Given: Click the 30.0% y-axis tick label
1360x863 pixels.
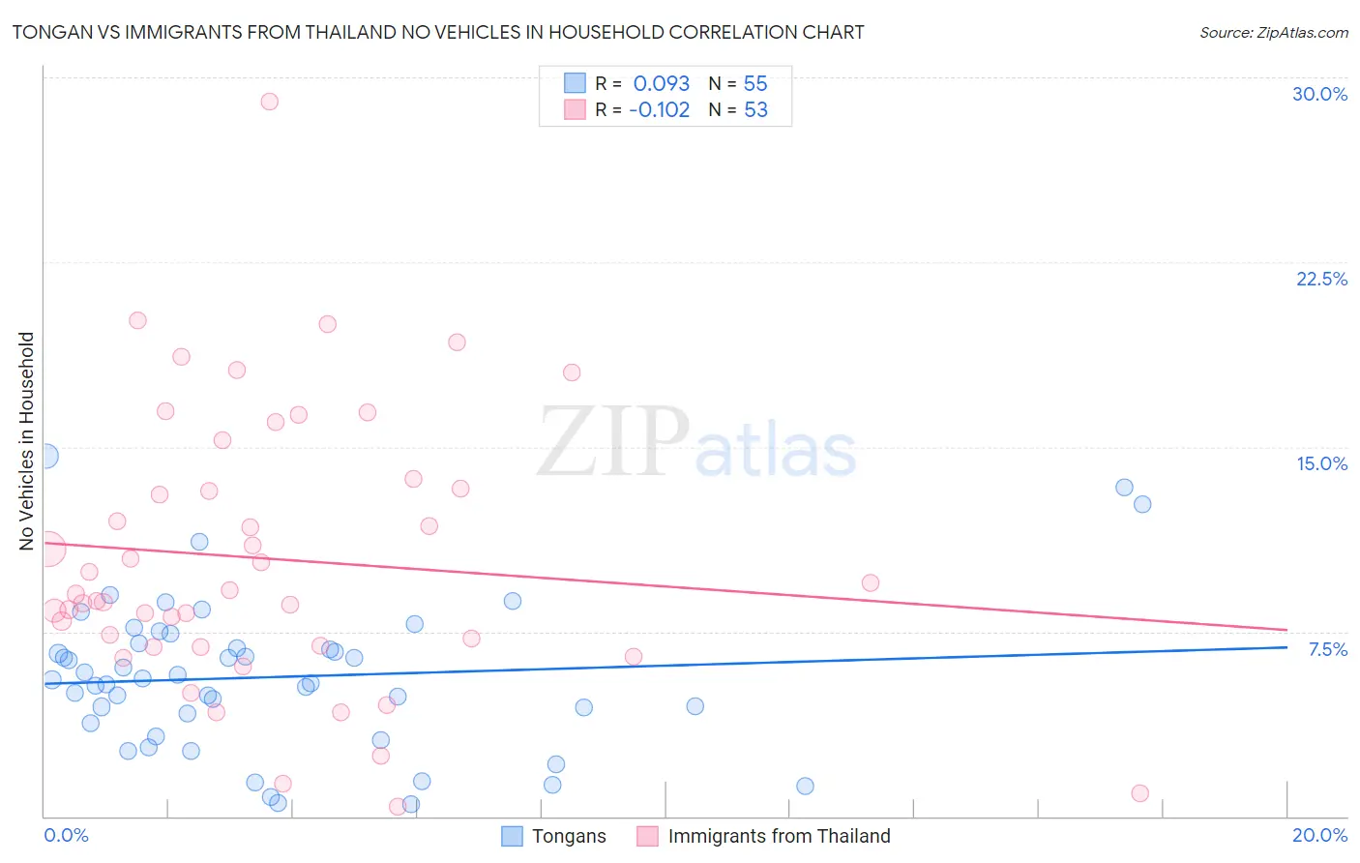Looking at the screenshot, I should pos(1319,94).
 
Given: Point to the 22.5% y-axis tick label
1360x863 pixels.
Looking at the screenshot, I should pos(1321,279).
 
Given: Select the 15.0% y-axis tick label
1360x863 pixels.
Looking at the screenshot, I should pos(1321,463).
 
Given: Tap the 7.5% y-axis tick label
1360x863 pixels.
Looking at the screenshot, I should pos(1327,649).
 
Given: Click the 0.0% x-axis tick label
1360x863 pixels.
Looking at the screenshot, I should pos(66,835).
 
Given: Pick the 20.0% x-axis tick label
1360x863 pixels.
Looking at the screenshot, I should pos(1319,835).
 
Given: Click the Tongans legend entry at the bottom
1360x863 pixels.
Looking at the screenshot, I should pos(569,836).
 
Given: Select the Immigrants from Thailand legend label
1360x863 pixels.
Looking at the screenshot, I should pos(779,836).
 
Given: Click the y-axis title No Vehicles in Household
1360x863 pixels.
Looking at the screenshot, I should pos(27,441).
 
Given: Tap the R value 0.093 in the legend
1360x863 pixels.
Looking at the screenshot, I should pos(662,84).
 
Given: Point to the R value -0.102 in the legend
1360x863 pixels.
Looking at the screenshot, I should pos(659,110).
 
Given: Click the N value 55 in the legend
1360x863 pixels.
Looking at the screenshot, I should pos(755,84).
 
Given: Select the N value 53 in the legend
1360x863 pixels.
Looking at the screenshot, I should pos(755,110).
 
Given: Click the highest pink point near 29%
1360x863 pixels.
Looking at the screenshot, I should pos(270,102).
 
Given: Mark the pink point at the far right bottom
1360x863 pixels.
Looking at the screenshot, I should pos(1140,793).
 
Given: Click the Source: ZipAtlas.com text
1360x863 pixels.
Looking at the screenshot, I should pos(1273,33).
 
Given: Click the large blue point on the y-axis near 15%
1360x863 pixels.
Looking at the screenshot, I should pos(44,456).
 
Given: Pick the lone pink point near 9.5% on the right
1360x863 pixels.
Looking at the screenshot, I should pos(871,582).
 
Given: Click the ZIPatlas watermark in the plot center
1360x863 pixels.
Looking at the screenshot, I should pos(696,443).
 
